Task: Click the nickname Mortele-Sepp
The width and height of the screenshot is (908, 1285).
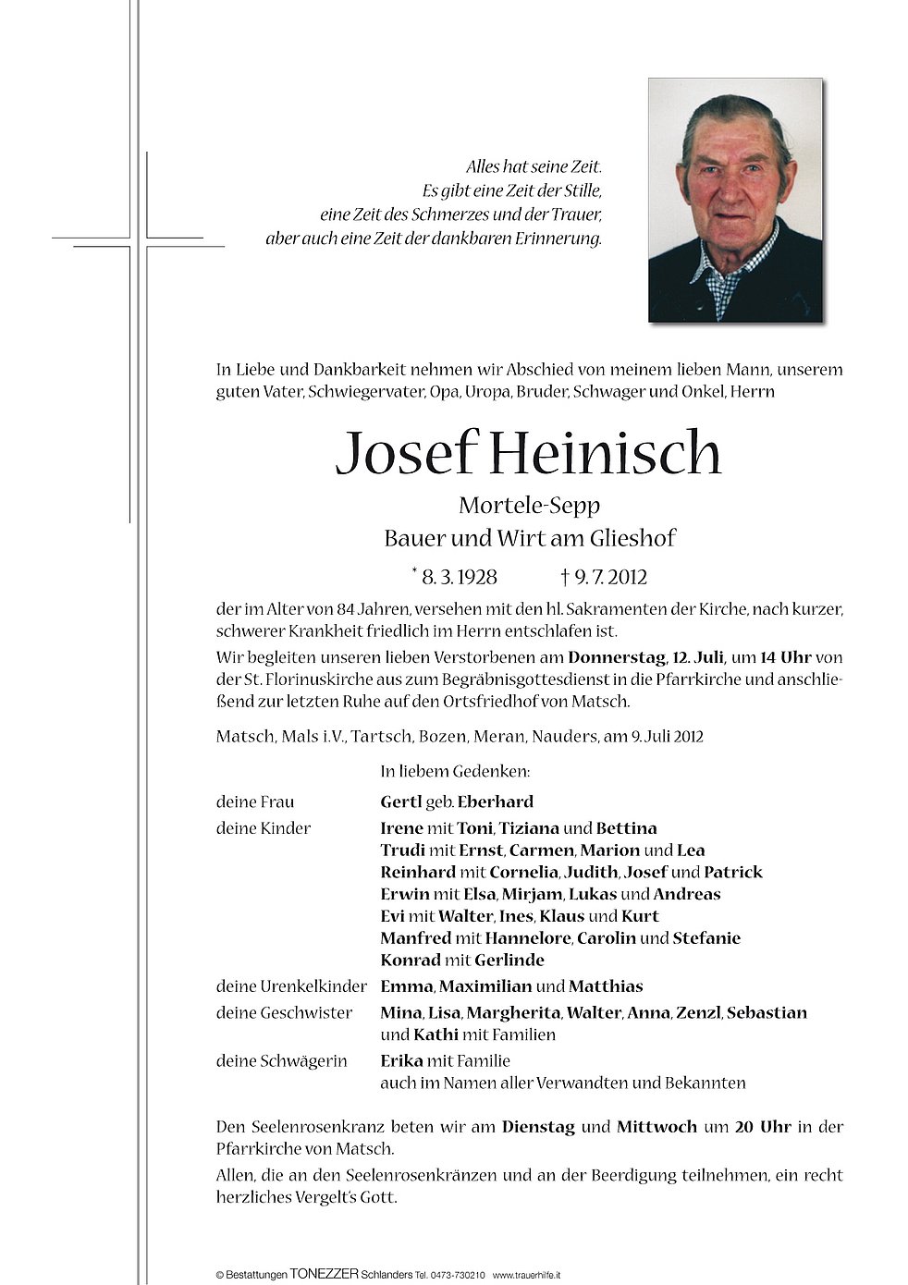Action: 529,506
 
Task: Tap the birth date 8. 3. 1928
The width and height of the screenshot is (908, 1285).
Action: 459,578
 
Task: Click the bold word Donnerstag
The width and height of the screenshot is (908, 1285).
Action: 617,658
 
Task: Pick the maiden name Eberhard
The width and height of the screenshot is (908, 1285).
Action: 495,802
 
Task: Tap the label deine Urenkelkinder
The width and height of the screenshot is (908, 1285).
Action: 291,986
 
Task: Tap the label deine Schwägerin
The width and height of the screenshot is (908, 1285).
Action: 281,1061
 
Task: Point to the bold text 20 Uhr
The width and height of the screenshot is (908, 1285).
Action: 763,1127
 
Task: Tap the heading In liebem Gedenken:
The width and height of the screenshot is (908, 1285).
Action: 455,771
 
